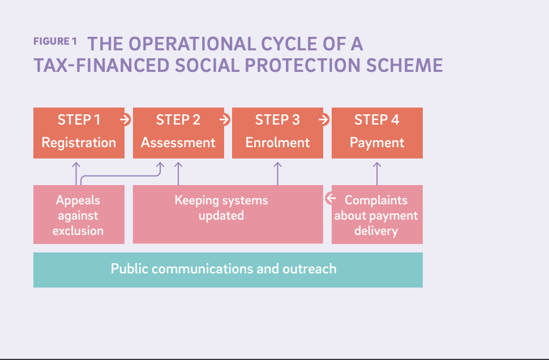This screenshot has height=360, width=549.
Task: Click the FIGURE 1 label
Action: click(54, 42)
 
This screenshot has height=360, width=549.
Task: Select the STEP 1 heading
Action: click(79, 120)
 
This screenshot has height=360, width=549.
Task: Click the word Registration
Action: click(79, 143)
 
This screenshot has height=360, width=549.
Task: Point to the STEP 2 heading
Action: click(178, 120)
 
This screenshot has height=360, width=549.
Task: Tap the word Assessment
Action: click(178, 143)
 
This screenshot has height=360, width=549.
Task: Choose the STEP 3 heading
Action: click(277, 120)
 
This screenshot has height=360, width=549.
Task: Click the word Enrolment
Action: click(277, 143)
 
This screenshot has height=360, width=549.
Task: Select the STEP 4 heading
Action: click(376, 120)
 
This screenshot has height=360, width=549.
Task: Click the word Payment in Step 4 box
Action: click(376, 143)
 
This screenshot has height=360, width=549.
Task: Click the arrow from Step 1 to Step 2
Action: click(126, 120)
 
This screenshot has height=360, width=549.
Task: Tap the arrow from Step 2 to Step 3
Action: click(225, 120)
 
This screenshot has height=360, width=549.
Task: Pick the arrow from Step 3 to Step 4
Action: click(324, 120)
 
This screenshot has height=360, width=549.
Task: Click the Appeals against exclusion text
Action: click(78, 215)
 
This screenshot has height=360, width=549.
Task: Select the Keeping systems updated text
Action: click(221, 208)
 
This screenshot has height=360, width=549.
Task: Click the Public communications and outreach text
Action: click(224, 268)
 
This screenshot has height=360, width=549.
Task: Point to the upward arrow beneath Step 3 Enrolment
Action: click(277, 173)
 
